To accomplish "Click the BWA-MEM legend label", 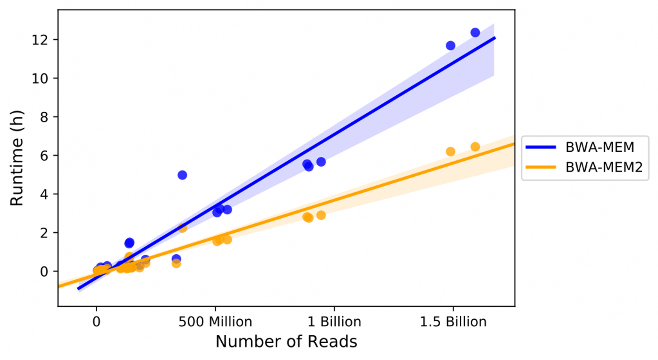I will coord(600,147).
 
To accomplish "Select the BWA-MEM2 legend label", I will coord(604,167).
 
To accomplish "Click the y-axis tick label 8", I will coord(44,117).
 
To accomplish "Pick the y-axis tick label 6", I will coord(44,155).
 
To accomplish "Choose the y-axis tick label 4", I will coord(44,194).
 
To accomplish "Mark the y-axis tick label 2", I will coord(44,233).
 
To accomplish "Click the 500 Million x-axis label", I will coord(215,321).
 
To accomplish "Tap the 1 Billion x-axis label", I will coord(334,321).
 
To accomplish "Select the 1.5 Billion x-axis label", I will coord(453,321).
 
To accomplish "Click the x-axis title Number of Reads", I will coord(286,341).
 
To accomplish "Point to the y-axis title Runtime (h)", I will coord(17,158).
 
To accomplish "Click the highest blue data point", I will coord(475,32).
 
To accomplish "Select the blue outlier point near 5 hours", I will coord(182,175).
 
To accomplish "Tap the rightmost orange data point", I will coord(475,147).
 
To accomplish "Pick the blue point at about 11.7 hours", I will coord(450,46).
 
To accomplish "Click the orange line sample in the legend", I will coord(541,167).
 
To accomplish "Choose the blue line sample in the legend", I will coord(541,147).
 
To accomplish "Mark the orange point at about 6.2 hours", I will coord(450,152).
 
